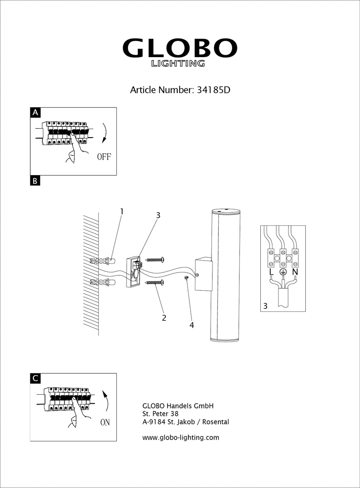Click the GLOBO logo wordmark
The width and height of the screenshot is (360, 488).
(x=179, y=48)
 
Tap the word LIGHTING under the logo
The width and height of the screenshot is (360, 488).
(x=178, y=63)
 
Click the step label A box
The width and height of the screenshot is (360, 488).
(x=35, y=113)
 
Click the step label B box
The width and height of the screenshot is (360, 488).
(x=35, y=181)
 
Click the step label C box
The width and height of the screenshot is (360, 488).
(x=35, y=378)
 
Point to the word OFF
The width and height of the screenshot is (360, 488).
(x=104, y=157)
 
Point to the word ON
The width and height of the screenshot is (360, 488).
(x=105, y=423)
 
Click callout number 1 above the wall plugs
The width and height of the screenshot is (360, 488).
(x=122, y=212)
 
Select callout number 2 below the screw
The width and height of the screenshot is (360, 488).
(x=164, y=318)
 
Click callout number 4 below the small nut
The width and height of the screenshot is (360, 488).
(x=191, y=325)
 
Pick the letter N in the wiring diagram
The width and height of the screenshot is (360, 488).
(x=295, y=271)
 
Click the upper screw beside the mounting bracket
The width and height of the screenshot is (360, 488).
(x=156, y=259)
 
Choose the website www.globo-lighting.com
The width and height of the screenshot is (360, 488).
(x=180, y=438)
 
